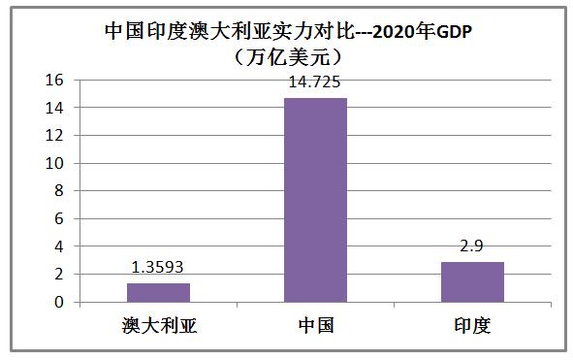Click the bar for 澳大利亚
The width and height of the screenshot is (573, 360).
(x=157, y=292)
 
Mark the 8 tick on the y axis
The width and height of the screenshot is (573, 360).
(x=60, y=191)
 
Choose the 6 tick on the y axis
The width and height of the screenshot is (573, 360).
(x=60, y=219)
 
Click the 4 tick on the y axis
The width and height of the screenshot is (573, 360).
(x=60, y=246)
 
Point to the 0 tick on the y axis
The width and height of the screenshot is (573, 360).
(x=60, y=303)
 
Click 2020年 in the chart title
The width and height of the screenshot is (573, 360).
(x=398, y=30)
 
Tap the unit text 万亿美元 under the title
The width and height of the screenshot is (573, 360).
(x=286, y=55)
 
